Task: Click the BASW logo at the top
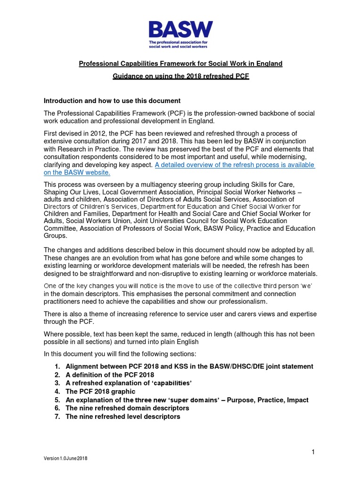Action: (x=181, y=30)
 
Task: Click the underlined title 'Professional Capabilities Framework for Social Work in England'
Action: (x=181, y=64)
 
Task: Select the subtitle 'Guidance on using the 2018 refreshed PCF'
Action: (x=181, y=76)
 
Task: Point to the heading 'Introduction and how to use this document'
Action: (x=112, y=101)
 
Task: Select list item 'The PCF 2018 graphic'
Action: (x=100, y=392)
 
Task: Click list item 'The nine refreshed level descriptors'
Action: (x=123, y=417)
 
